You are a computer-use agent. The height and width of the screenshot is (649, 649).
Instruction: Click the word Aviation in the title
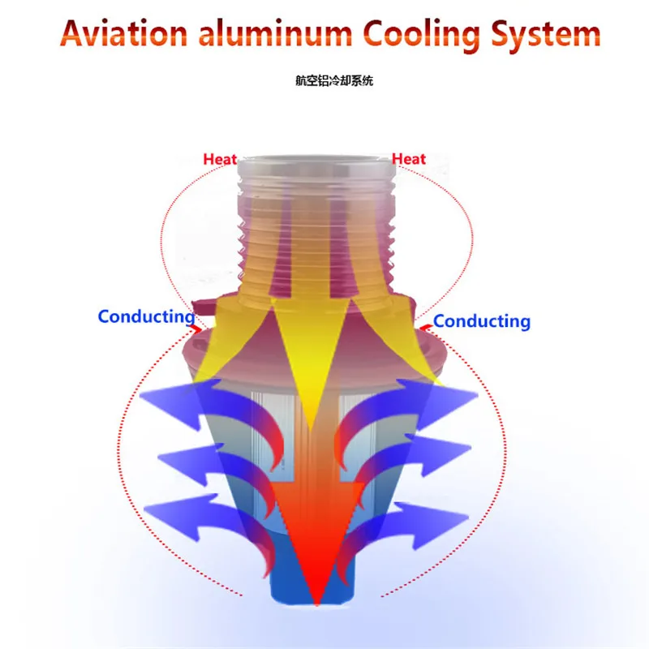[124, 33]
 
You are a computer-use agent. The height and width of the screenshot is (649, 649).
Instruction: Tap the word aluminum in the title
[275, 33]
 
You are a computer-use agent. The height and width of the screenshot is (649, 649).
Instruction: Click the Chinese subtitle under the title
[334, 80]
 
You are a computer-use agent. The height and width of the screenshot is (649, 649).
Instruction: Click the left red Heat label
[220, 159]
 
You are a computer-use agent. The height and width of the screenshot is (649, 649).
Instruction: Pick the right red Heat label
[409, 158]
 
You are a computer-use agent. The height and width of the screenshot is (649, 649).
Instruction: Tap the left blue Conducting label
[147, 317]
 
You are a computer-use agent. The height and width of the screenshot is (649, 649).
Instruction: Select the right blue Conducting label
[482, 322]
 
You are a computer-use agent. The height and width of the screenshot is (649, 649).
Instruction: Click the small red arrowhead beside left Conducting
[196, 329]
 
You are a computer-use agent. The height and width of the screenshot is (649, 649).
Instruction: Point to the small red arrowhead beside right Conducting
[425, 329]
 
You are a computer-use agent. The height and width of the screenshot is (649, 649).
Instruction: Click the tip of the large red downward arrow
[316, 604]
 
